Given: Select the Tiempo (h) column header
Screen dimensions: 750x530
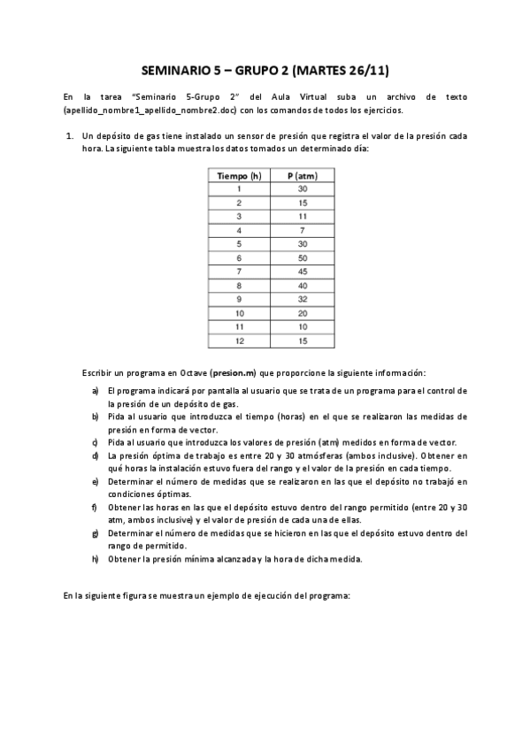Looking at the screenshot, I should tap(239, 176).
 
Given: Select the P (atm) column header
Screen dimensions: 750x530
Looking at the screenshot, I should tap(303, 176).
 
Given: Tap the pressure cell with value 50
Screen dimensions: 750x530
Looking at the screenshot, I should tap(303, 257).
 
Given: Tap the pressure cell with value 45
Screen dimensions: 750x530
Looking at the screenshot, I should tap(303, 272).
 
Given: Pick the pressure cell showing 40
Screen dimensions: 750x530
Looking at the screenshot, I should tap(303, 285).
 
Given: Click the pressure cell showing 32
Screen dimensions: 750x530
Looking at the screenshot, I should tap(303, 299).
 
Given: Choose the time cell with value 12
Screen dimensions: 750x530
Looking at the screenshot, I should tap(239, 340).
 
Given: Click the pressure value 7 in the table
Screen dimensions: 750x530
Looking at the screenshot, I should tap(303, 230).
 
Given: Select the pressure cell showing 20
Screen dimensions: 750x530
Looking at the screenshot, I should tap(303, 312).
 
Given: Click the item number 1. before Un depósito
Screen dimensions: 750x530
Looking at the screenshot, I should tap(69, 137).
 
